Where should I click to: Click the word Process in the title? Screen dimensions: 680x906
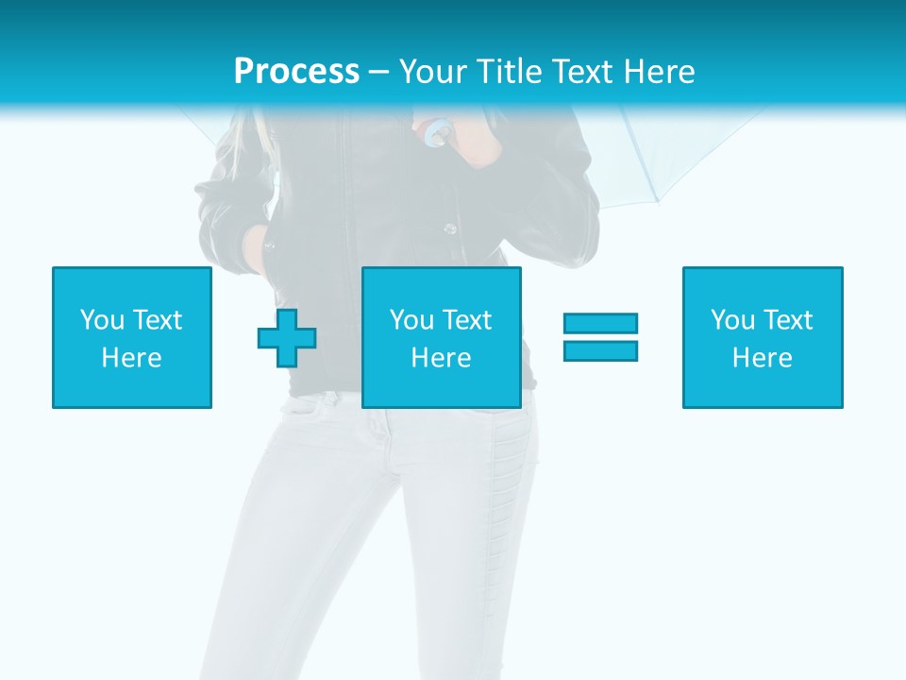[296, 71]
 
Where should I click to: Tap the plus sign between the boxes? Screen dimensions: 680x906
[287, 338]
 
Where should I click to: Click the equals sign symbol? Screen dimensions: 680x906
[600, 337]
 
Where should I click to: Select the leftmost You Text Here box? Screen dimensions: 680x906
[132, 337]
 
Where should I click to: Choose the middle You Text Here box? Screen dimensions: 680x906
[442, 337]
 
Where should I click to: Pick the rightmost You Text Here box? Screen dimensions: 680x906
[763, 337]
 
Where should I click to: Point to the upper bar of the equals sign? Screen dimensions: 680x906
[600, 324]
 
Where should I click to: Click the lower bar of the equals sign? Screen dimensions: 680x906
[600, 350]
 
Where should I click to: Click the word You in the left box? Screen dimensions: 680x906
[100, 320]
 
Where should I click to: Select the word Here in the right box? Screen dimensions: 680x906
[763, 358]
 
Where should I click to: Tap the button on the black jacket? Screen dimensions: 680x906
[451, 229]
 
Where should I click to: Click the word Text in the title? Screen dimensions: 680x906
[583, 71]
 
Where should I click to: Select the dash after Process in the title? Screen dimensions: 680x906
[378, 72]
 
